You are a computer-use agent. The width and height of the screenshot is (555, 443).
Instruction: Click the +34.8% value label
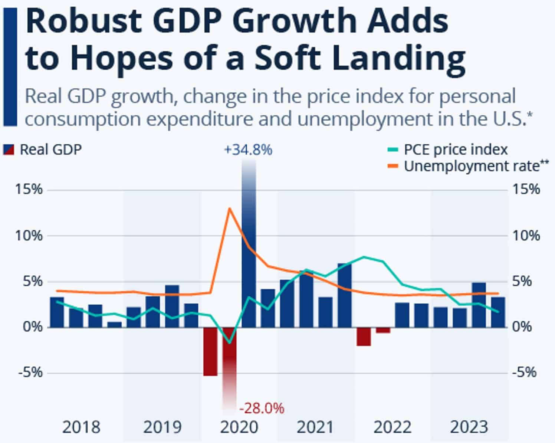pos(248,150)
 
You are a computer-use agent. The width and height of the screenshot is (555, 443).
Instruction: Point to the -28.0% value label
pos(262,408)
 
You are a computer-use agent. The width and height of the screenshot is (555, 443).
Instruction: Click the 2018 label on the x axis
pos(81,427)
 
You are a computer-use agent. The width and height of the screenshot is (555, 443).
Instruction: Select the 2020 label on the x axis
pos(239,427)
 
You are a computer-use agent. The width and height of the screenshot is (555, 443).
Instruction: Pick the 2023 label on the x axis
pos(469,427)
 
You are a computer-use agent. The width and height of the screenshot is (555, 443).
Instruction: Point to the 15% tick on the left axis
pos(29,190)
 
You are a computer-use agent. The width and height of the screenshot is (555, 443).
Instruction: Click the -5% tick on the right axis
pos(525,372)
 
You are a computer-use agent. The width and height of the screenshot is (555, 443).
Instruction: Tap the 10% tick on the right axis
pos(526,236)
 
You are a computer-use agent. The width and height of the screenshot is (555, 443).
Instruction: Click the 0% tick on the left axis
pos(33,327)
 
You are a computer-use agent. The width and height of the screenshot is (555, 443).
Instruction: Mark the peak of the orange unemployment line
pos(229,208)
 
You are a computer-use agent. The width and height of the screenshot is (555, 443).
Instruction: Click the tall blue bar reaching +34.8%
pos(249,260)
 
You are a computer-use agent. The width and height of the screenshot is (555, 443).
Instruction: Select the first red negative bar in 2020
pos(210,351)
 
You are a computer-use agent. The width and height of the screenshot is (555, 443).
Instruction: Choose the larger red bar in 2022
pos(364,337)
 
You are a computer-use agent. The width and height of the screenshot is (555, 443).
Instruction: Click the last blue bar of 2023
pos(498,312)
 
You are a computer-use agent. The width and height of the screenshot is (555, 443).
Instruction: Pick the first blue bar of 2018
pos(57,312)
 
